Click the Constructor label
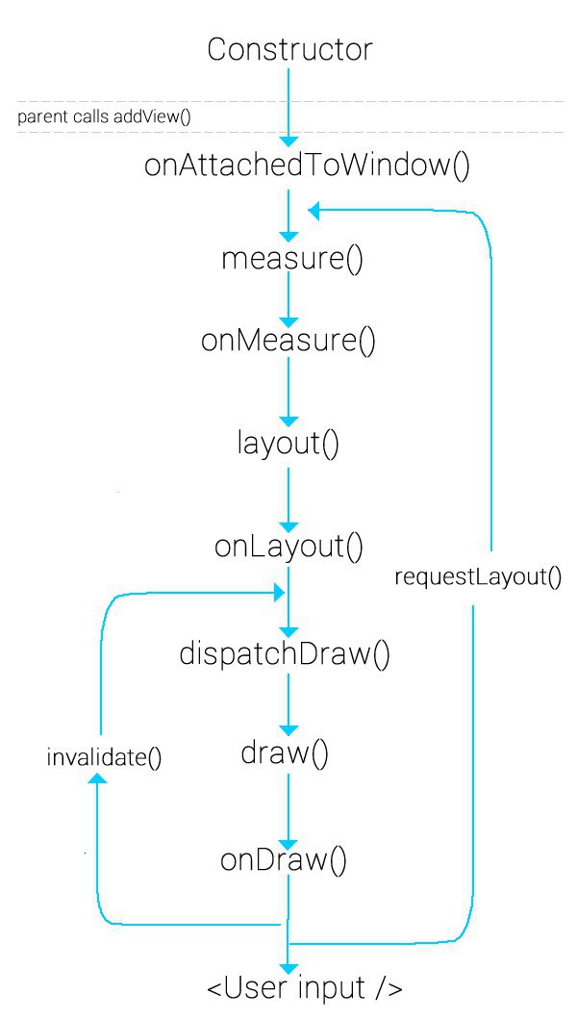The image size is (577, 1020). click(289, 50)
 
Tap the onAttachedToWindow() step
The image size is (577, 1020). click(307, 166)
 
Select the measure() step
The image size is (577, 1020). click(292, 259)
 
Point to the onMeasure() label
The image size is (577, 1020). click(288, 340)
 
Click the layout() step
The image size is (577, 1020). click(288, 444)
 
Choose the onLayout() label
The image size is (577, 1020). click(289, 548)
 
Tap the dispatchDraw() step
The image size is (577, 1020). click(285, 653)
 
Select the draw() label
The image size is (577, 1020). click(286, 754)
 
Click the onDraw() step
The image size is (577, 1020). click(284, 860)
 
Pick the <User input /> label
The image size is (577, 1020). click(304, 989)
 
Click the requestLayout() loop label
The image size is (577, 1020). click(478, 577)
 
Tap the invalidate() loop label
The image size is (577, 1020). click(104, 758)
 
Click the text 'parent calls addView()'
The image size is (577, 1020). click(103, 117)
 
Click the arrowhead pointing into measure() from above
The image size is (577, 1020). click(288, 237)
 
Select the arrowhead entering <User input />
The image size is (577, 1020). click(288, 968)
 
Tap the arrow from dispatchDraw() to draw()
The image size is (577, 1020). click(288, 705)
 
